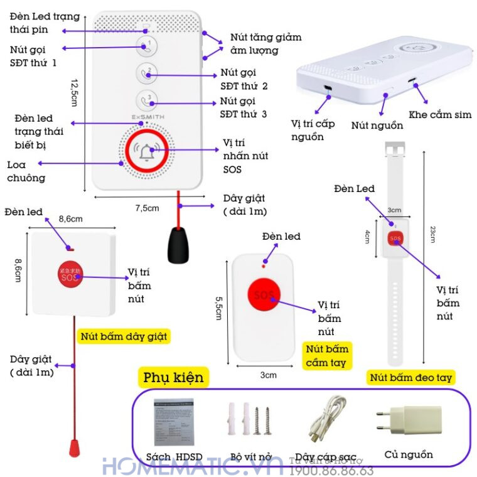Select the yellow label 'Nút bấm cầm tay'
click(x=326, y=356)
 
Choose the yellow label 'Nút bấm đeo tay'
click(x=411, y=377)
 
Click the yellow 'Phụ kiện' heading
click(x=173, y=378)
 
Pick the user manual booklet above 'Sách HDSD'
click(x=174, y=421)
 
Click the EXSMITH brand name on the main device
click(x=148, y=117)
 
